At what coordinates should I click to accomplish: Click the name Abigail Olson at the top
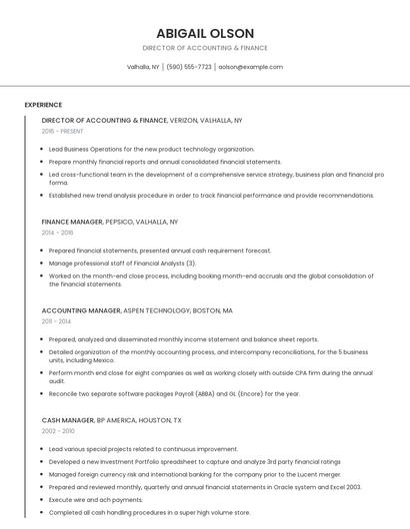(204, 33)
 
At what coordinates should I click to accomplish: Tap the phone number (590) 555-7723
(189, 67)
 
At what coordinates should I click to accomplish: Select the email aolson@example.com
(250, 67)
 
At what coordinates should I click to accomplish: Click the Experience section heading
(43, 104)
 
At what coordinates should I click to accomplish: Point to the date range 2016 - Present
(63, 131)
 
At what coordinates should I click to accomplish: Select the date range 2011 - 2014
(56, 321)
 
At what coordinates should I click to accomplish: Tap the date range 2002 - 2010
(58, 431)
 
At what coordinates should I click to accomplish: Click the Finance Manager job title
(72, 221)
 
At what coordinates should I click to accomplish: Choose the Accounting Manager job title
(80, 310)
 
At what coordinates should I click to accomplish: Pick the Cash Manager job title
(68, 420)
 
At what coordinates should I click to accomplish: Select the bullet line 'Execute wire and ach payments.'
(96, 499)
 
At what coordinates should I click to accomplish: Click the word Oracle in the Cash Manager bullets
(270, 486)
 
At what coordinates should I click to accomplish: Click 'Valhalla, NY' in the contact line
(143, 67)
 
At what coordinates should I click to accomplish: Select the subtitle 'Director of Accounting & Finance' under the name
(204, 48)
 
